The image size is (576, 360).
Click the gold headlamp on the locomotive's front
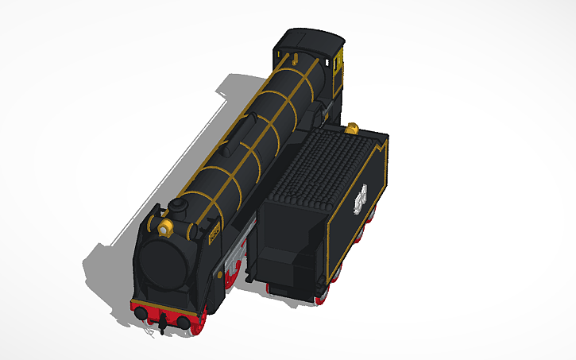(x=165, y=229)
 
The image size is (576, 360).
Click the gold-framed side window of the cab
(x=339, y=64)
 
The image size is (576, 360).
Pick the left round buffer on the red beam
(x=141, y=313)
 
